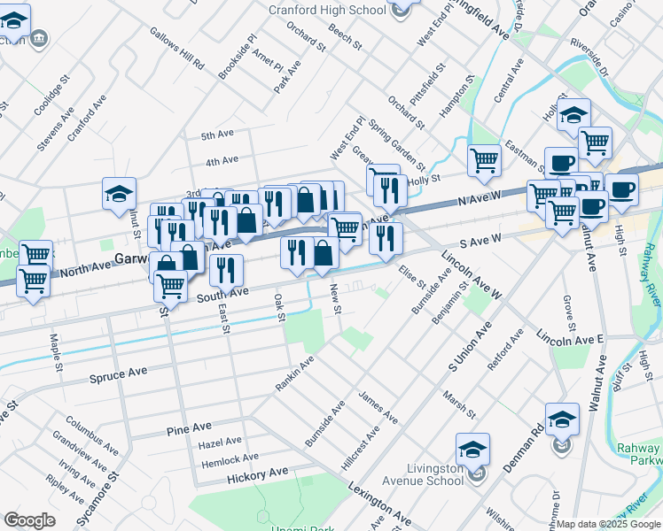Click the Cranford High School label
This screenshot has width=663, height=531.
(327, 10)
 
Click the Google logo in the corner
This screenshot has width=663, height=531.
(29, 520)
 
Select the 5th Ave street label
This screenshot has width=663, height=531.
(216, 135)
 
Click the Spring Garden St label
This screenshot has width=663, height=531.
(397, 145)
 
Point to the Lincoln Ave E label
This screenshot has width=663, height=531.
(569, 338)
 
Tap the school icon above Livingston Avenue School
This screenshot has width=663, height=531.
(473, 449)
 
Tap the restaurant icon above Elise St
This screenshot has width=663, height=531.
(386, 237)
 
